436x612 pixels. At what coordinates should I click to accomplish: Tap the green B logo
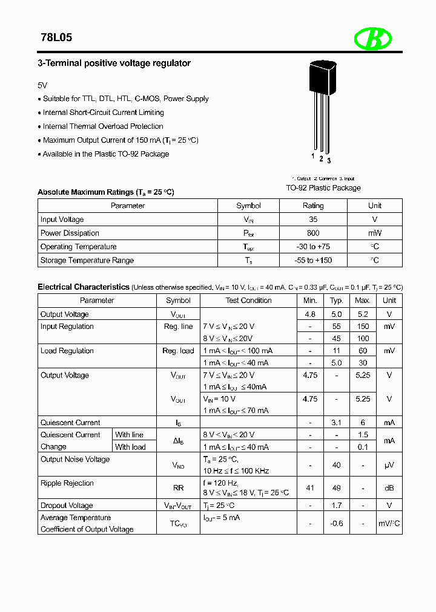tap(372, 39)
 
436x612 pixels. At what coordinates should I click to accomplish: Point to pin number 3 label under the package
tap(329, 160)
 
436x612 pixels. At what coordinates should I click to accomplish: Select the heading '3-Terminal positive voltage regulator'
tap(114, 63)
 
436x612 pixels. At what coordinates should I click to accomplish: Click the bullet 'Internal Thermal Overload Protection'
tap(103, 126)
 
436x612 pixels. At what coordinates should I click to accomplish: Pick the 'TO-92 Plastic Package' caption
tap(323, 188)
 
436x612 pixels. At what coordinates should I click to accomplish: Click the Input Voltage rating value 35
tap(313, 220)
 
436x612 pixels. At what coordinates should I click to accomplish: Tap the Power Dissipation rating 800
tap(313, 233)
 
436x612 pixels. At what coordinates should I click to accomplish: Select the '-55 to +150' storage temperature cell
tap(313, 261)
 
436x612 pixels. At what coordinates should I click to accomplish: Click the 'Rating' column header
tap(313, 206)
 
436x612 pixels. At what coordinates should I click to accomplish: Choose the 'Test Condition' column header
tap(249, 301)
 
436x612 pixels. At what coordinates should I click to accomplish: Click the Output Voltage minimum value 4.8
tap(310, 314)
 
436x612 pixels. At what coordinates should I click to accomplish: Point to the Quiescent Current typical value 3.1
tap(337, 423)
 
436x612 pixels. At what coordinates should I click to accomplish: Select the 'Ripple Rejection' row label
tap(67, 483)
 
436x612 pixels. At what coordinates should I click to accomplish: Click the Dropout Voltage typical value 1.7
tap(337, 506)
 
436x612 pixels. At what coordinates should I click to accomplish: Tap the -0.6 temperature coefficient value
tap(337, 524)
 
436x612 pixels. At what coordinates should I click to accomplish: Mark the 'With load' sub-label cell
tap(130, 448)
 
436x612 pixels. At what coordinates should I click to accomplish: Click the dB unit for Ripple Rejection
tap(389, 488)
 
